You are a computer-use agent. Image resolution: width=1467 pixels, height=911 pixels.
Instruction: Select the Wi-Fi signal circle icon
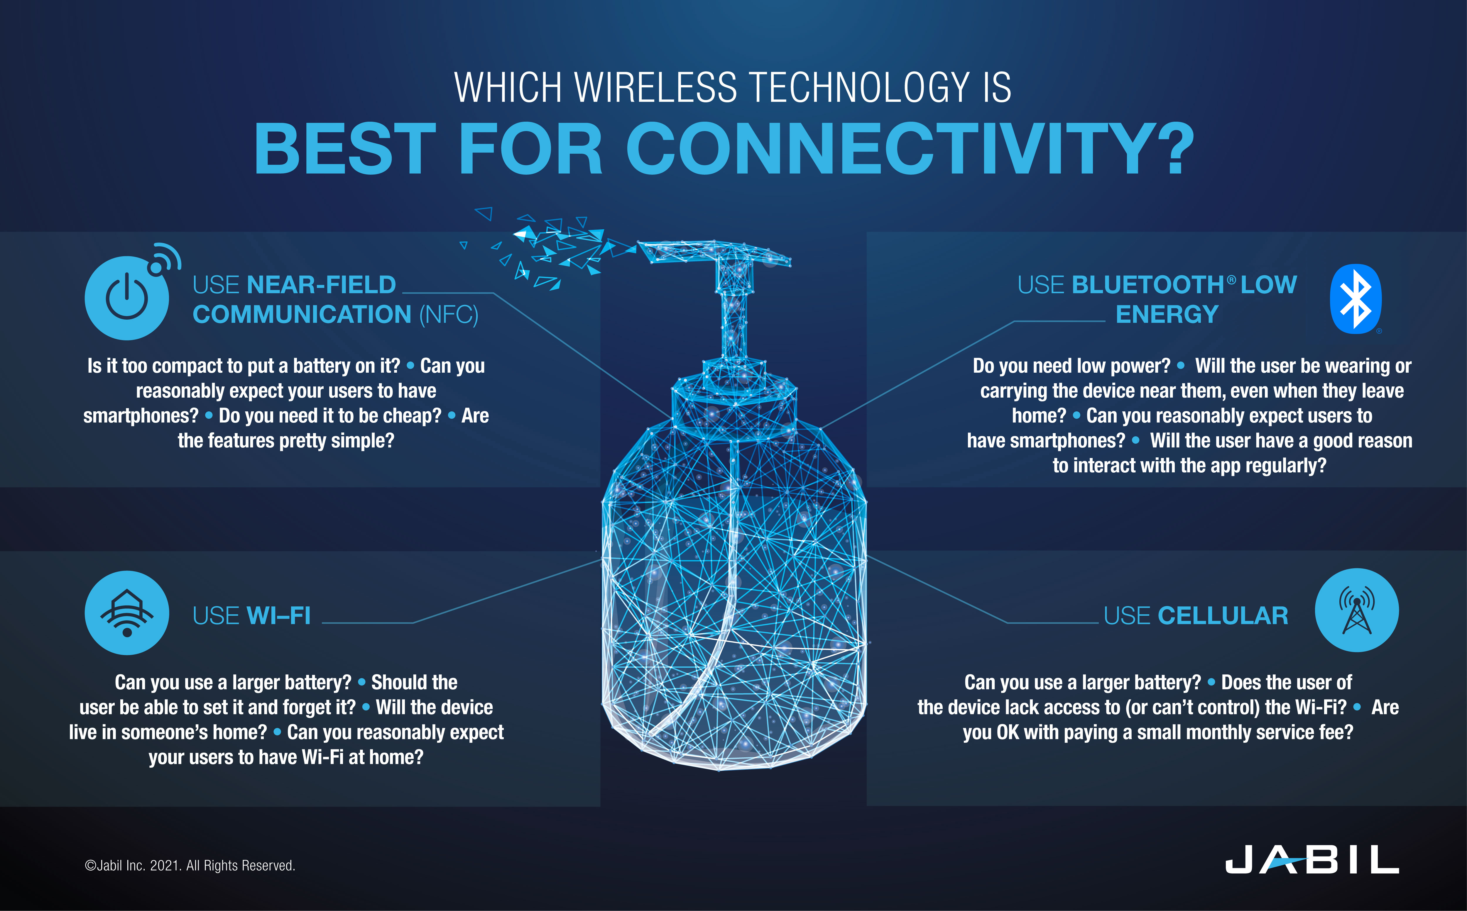pos(127,613)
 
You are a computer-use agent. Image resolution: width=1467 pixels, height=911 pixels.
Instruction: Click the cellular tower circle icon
pos(1357,610)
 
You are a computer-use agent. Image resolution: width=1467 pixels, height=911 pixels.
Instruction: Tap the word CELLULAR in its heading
pos(1223,616)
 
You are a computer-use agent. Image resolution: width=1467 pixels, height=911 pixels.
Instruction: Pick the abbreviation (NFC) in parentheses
pos(448,315)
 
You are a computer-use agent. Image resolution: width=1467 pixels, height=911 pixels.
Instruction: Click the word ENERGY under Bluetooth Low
pos(1167,315)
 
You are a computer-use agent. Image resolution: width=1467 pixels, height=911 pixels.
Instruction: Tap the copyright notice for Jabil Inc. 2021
pos(190,865)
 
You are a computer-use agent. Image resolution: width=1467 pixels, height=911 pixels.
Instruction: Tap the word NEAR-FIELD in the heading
pos(321,284)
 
